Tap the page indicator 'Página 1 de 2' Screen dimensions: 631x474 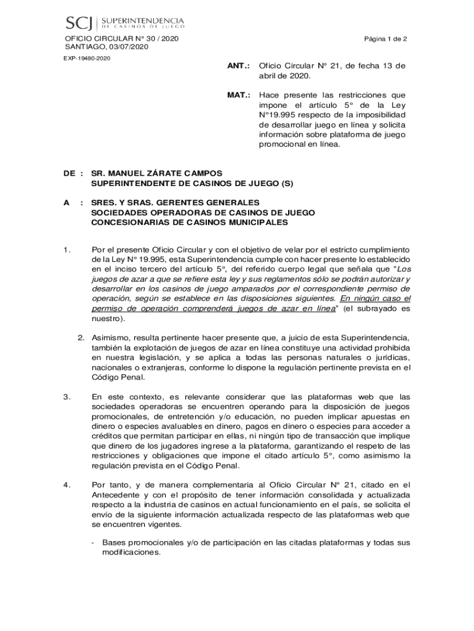pos(385,39)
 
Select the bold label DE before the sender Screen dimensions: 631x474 pos(69,174)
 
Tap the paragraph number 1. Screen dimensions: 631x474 pos(66,250)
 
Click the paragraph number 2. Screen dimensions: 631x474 pos(81,338)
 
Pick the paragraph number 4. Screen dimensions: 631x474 pos(66,484)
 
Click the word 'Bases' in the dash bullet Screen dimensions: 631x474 pos(114,543)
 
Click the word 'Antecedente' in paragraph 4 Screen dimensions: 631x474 pos(116,495)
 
